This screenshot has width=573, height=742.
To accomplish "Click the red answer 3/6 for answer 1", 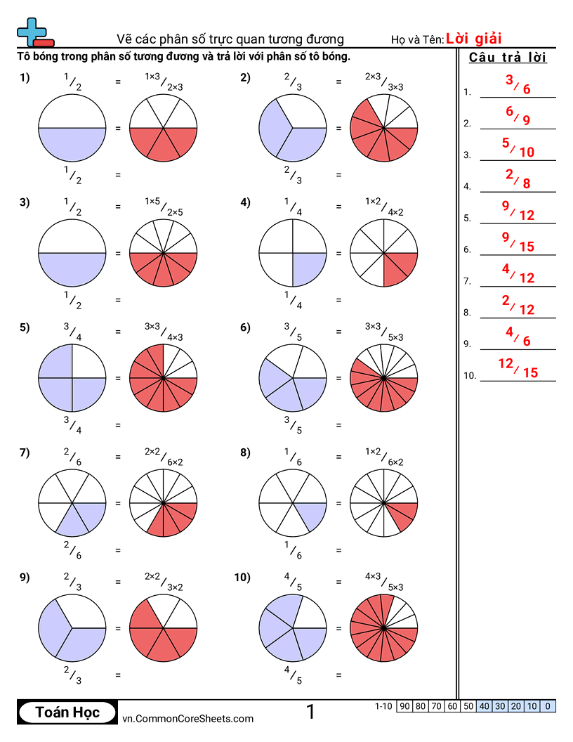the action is tap(518, 84).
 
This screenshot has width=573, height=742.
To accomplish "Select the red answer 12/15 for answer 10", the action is tap(518, 367).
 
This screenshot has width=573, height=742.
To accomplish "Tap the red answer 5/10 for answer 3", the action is tap(518, 147).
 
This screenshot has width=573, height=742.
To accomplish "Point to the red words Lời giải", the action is tap(473, 39).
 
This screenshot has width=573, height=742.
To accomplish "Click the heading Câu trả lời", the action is tap(508, 57).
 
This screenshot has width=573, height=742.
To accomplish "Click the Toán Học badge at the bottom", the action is tap(67, 712).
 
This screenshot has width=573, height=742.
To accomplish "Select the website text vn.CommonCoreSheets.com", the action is tap(187, 718).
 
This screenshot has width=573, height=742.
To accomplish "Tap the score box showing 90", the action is tap(404, 706).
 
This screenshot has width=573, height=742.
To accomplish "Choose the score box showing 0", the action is tap(548, 706).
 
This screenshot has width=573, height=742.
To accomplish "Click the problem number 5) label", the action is tap(25, 327).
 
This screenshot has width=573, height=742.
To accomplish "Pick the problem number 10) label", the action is tap(242, 578).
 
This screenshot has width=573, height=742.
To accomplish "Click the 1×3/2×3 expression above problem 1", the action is tap(164, 82).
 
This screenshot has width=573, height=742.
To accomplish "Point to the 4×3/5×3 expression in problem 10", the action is tap(384, 582).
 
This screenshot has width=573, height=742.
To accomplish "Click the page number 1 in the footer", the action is tap(310, 711).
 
